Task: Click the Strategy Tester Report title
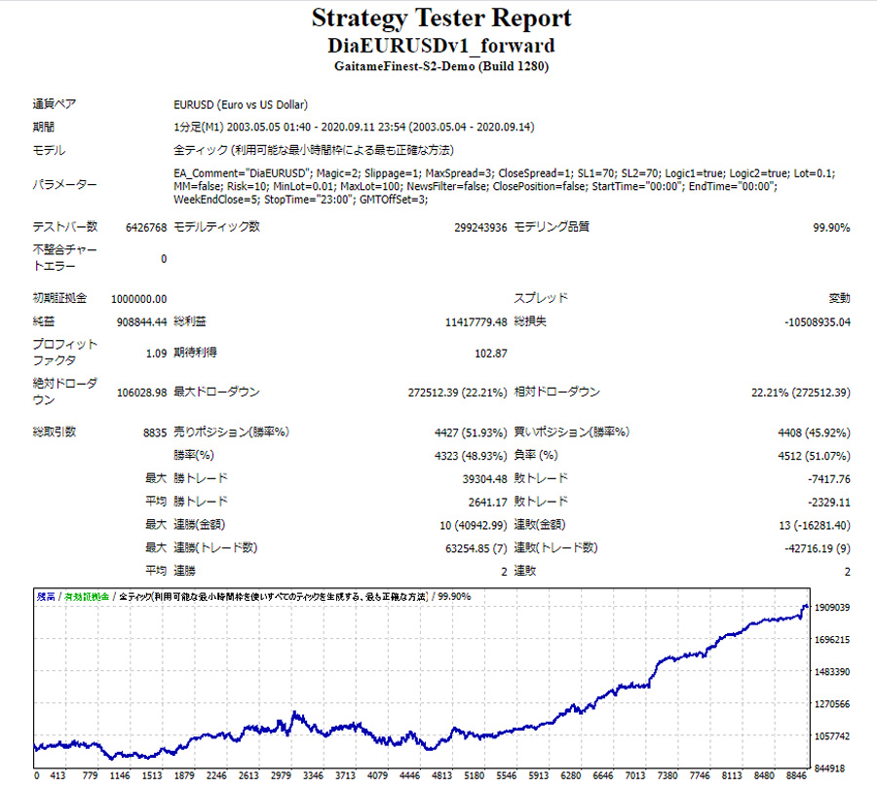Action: (441, 18)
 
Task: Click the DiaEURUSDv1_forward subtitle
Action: (441, 45)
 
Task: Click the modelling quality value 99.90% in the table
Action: (830, 227)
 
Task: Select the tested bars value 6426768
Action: (146, 227)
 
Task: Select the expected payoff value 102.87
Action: (490, 353)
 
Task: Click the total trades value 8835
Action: (154, 432)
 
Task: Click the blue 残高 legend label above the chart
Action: (46, 595)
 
